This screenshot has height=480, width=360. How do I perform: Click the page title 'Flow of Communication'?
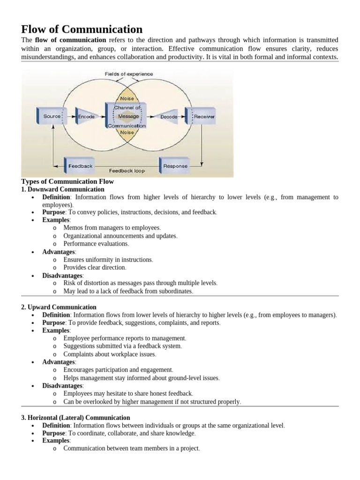tap(82, 29)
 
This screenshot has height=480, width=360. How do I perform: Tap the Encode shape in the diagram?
tap(86, 116)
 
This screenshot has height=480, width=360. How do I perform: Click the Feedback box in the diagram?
tap(80, 166)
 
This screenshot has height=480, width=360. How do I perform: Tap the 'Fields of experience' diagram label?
tap(128, 74)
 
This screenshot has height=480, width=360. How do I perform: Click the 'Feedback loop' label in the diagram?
tap(127, 171)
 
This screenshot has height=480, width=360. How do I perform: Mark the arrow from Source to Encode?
tap(69, 116)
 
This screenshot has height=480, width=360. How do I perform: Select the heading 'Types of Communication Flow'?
tap(67, 181)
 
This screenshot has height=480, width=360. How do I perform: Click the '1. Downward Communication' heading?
tap(63, 189)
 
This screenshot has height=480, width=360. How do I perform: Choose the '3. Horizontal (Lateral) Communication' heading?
tap(75, 417)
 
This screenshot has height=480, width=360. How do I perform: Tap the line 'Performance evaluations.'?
tap(96, 244)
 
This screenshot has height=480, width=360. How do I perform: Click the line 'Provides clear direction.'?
tap(95, 267)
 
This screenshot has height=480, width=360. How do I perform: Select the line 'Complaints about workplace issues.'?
tap(110, 354)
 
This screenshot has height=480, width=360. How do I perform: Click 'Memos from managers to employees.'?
tap(112, 228)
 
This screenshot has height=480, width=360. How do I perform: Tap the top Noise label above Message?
tap(127, 99)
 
